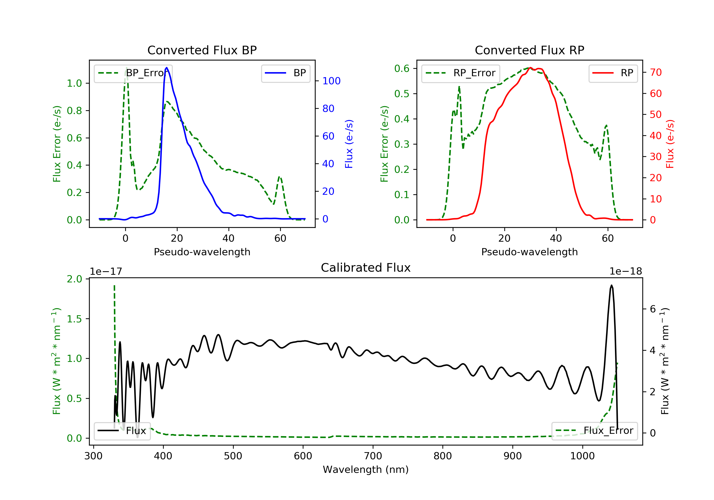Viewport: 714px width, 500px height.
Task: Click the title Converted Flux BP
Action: [202, 50]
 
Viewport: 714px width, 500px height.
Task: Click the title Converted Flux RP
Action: [529, 50]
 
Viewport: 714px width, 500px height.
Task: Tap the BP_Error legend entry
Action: [133, 73]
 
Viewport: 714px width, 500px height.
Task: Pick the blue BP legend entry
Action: [285, 73]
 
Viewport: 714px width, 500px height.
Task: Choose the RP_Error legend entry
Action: [461, 73]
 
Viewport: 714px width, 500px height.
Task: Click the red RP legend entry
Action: [613, 73]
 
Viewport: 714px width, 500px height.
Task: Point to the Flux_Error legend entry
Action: [594, 431]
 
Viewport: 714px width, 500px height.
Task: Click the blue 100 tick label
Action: [331, 81]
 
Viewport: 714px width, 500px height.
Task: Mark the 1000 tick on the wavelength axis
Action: [582, 456]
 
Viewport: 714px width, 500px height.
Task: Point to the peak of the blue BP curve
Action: [167, 68]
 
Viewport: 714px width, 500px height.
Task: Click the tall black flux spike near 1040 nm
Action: [611, 286]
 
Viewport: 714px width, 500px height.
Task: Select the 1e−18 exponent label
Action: [625, 271]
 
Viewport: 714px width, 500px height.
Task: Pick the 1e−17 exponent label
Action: [106, 271]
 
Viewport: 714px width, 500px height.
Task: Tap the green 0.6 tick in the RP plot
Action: [402, 68]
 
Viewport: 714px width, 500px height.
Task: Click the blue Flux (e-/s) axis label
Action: [349, 144]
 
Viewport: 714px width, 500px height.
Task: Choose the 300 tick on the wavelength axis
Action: [93, 456]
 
